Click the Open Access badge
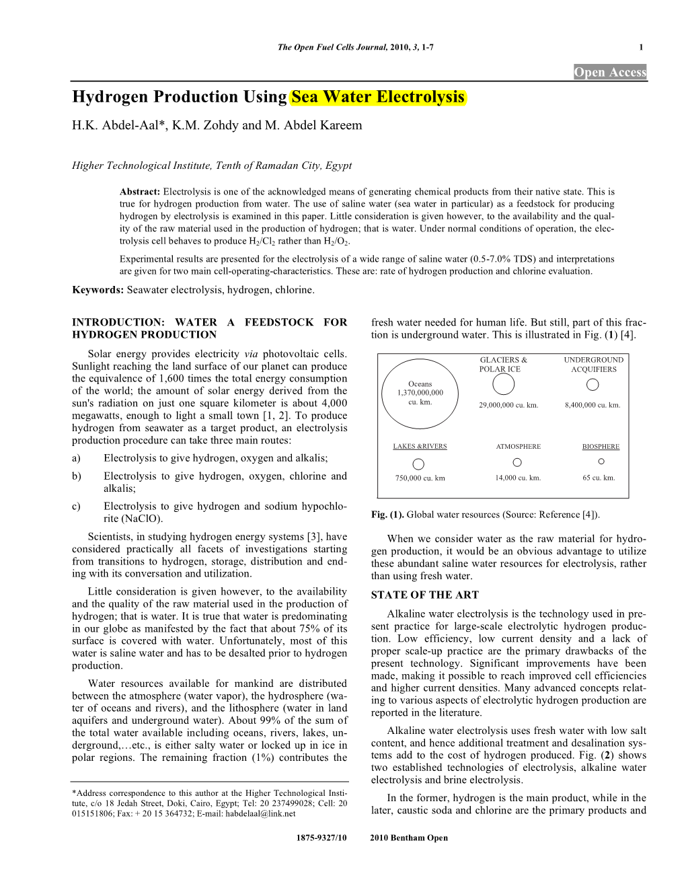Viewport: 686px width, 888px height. point(609,72)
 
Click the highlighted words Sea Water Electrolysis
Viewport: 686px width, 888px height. point(378,97)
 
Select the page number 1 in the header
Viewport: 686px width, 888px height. point(640,47)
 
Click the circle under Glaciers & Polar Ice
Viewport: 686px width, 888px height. point(503,384)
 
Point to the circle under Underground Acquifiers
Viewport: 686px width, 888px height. point(592,385)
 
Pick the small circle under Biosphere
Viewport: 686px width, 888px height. point(601,461)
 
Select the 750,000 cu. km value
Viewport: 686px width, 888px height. point(420,478)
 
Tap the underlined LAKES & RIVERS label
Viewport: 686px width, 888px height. point(420,446)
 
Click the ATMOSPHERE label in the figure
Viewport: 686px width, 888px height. point(518,446)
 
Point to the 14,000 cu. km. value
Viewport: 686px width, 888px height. point(518,478)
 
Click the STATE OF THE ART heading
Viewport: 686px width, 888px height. point(424,595)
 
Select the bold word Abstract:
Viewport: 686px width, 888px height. point(140,192)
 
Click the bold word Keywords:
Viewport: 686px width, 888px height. point(98,290)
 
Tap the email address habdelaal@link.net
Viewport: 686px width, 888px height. point(260,813)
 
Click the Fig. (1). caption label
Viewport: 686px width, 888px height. point(387,515)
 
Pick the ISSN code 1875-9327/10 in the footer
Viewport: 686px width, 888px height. point(321,838)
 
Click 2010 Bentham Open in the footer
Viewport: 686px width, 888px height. point(408,838)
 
